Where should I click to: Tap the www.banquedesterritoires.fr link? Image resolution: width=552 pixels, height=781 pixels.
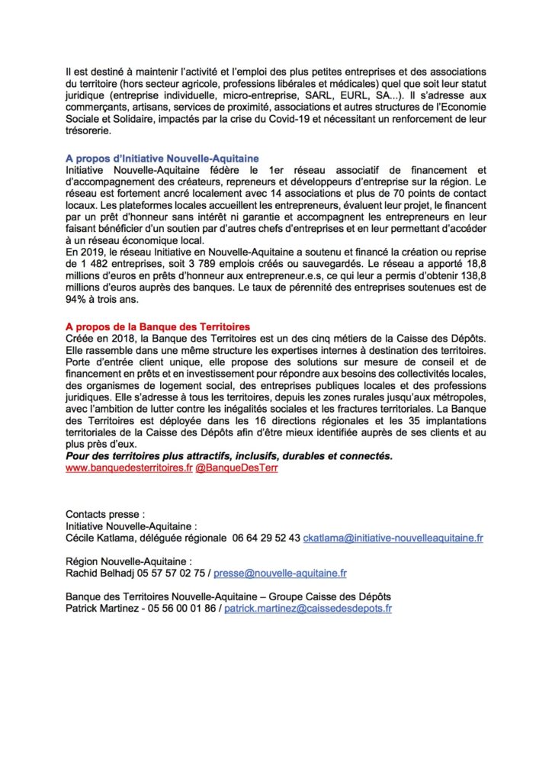pos(129,468)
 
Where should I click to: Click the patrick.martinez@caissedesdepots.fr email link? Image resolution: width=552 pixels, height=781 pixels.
pos(308,609)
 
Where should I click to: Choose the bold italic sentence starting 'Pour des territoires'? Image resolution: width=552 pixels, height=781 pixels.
pos(229,456)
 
